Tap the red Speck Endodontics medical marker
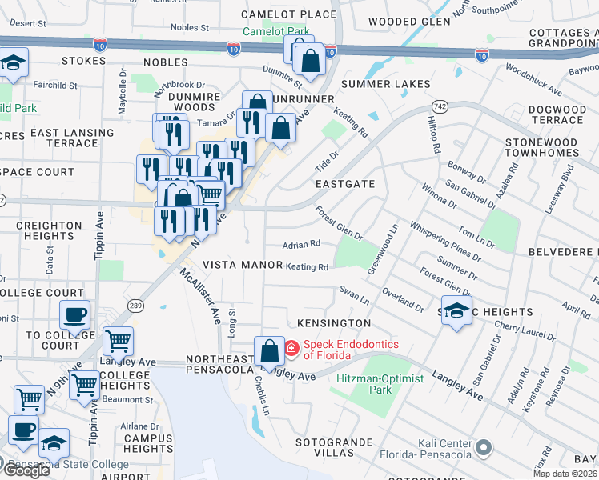291,348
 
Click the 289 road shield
136,305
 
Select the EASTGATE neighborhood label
344,184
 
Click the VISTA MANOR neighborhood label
242,265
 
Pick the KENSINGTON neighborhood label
333,323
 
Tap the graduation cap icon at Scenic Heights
456,311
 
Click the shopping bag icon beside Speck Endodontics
269,350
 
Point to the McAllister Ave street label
200,295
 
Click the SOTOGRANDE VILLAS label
334,446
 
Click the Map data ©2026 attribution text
565,474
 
